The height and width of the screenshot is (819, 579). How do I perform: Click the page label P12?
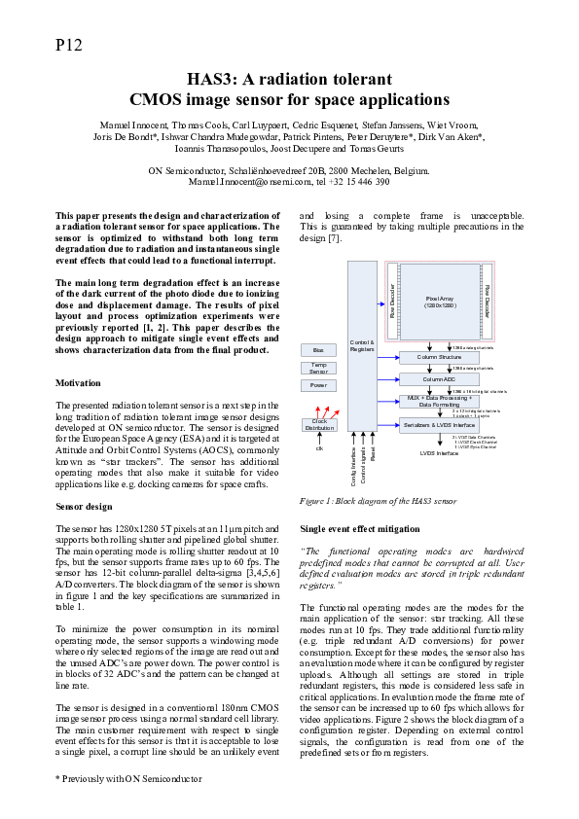[x=69, y=45]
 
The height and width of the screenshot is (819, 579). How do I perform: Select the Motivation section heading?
[x=79, y=383]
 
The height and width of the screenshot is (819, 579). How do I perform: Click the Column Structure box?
[x=440, y=357]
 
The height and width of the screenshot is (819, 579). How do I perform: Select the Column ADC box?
[x=440, y=378]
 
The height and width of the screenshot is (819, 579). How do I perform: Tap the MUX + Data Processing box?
[x=440, y=400]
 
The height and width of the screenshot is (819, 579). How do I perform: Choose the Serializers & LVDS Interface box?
[x=440, y=424]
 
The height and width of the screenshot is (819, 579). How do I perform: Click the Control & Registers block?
[x=361, y=345]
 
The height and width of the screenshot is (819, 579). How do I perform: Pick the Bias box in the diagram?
[x=318, y=350]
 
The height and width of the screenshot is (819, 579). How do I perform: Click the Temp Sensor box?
[x=318, y=368]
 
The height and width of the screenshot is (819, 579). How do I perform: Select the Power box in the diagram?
[x=318, y=385]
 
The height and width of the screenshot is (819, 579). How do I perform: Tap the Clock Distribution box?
[x=318, y=424]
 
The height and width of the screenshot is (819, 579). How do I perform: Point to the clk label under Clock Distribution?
[x=318, y=447]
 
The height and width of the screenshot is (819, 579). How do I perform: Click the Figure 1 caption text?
[x=377, y=500]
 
